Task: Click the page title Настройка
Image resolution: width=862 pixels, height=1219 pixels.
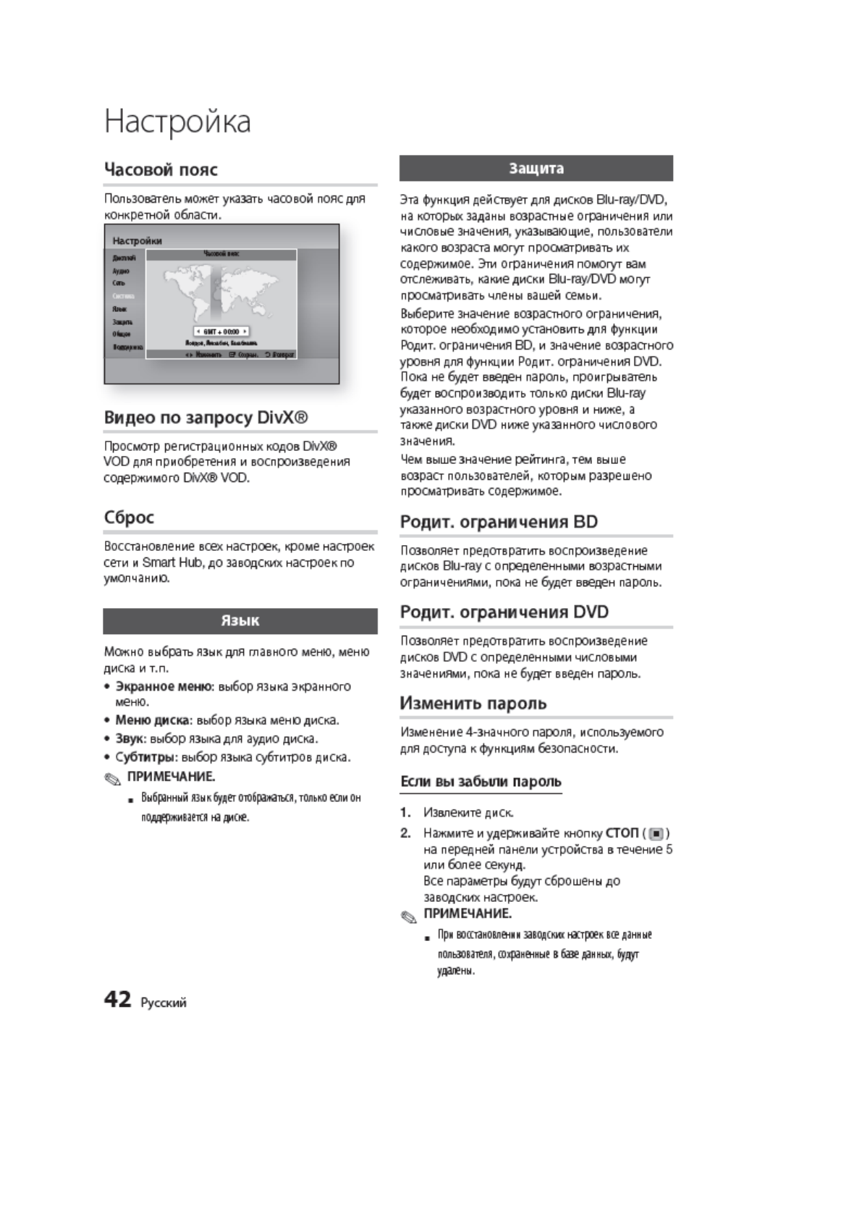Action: (177, 122)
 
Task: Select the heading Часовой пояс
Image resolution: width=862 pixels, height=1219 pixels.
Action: (161, 169)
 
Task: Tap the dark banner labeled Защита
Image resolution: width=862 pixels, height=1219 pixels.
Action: (536, 169)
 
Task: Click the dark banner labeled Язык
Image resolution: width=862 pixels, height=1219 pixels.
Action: (240, 621)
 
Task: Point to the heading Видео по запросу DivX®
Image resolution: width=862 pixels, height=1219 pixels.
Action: (206, 418)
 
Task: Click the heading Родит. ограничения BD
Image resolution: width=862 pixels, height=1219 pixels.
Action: (499, 522)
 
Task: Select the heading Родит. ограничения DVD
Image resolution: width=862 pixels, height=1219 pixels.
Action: (504, 612)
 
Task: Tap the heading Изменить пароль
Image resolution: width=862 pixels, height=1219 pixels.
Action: (473, 704)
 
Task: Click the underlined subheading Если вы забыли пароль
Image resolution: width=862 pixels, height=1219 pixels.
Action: (481, 782)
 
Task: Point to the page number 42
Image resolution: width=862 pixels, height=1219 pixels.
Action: (117, 1000)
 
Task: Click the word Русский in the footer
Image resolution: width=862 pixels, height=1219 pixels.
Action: (164, 1003)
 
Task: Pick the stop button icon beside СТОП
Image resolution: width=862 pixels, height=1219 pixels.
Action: (656, 833)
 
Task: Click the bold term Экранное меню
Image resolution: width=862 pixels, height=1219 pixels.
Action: (164, 686)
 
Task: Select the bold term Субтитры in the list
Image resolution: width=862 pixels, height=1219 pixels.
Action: (145, 757)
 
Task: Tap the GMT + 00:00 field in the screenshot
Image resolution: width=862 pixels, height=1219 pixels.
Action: (221, 331)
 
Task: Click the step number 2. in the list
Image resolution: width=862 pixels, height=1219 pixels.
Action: (406, 833)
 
